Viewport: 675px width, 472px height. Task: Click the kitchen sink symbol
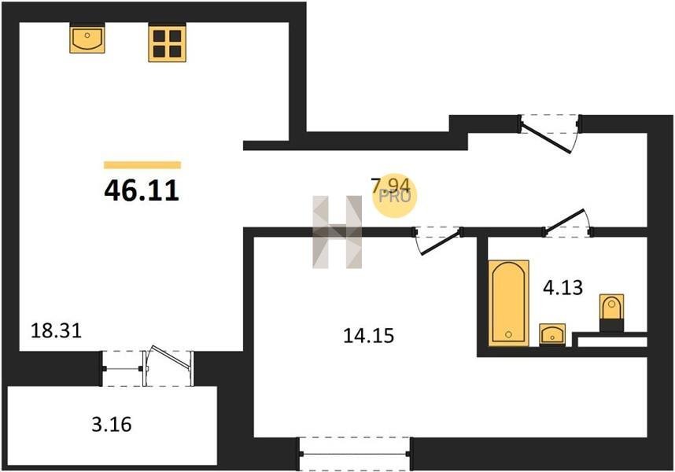click(x=87, y=39)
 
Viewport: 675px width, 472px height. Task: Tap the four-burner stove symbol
click(x=167, y=43)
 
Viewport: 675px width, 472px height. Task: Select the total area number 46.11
click(x=142, y=190)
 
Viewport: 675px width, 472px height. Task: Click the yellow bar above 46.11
click(x=142, y=164)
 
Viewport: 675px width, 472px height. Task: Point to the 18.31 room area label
click(x=57, y=331)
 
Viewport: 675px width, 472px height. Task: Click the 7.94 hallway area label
click(x=391, y=186)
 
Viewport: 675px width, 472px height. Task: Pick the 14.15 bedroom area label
click(x=368, y=336)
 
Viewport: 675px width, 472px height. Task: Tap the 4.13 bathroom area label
click(x=562, y=287)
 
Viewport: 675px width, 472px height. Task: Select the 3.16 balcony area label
click(x=112, y=425)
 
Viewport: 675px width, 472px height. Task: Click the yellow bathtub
click(x=508, y=303)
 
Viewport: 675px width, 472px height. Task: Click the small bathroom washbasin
click(x=552, y=334)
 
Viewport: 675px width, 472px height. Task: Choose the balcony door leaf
click(x=171, y=357)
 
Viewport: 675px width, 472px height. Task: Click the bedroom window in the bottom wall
click(x=355, y=453)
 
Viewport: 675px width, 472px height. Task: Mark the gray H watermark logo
click(x=337, y=232)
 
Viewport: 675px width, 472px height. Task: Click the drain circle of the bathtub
click(x=509, y=334)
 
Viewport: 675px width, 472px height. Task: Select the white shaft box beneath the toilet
click(x=612, y=342)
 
